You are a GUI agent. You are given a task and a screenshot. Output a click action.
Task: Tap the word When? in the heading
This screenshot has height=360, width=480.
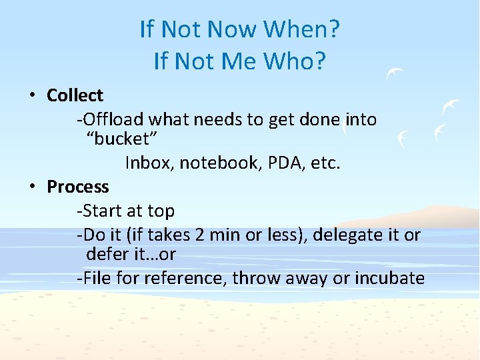tap(302, 29)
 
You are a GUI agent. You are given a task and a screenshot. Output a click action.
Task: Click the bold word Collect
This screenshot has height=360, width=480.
tap(75, 95)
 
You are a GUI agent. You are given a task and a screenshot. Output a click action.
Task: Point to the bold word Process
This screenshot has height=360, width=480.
tap(77, 187)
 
